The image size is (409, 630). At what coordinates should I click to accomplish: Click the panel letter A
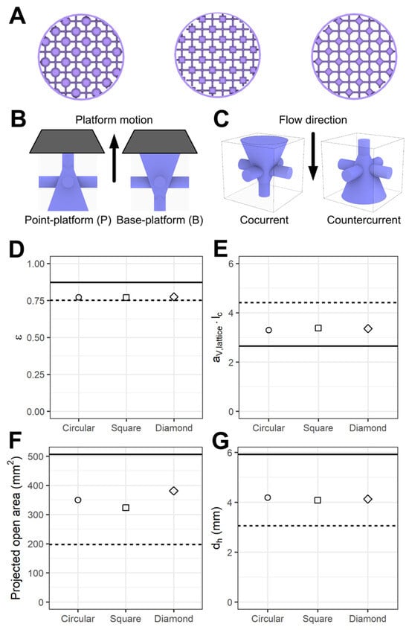coord(17,16)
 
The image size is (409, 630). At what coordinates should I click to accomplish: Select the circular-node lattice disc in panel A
coord(81,57)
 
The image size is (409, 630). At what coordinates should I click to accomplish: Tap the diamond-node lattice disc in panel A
coord(355,57)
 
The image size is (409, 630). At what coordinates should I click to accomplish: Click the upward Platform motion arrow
coord(114,159)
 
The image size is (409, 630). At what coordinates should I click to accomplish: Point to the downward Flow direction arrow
coord(314,156)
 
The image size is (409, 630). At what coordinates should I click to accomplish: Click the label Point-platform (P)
coord(68,220)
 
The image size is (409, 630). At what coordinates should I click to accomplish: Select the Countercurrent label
coord(364,220)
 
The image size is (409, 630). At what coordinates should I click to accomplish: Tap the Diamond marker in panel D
coord(174,297)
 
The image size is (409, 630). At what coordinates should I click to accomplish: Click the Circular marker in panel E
coord(268,330)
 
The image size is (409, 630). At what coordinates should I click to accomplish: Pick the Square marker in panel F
coord(126,507)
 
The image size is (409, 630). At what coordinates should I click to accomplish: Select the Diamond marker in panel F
coord(174,491)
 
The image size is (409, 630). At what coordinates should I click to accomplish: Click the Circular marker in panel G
coord(267,497)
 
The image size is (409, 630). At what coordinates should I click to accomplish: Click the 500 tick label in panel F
coord(36,456)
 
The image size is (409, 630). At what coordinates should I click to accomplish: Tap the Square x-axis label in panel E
coord(318,428)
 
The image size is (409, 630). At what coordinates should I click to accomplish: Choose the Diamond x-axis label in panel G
coord(367,619)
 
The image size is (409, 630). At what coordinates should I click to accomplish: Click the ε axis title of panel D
coord(17,337)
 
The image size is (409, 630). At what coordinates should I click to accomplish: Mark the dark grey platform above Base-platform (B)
coord(160,141)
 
